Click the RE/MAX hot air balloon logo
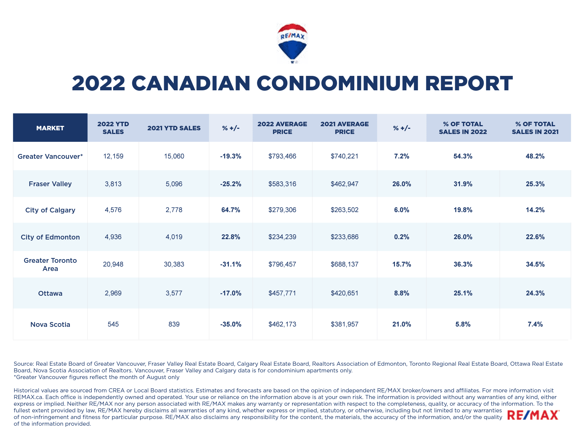pyautogui.click(x=292, y=43)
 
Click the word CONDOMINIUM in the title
pyautogui.click(x=338, y=83)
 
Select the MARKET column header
pyautogui.click(x=50, y=128)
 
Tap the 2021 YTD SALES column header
pyautogui.click(x=174, y=128)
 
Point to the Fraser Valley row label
pyautogui.click(x=50, y=184)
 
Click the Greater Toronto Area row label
pyautogui.click(x=50, y=264)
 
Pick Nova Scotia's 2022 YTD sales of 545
pyautogui.click(x=113, y=324)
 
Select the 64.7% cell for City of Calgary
pyautogui.click(x=231, y=210)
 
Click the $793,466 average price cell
pyautogui.click(x=282, y=156)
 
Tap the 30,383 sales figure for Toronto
pyautogui.click(x=174, y=264)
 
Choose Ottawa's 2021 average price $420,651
pyautogui.click(x=344, y=293)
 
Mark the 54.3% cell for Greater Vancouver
pyautogui.click(x=463, y=156)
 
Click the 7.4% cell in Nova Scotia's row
pyautogui.click(x=535, y=324)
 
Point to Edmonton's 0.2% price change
pyautogui.click(x=402, y=237)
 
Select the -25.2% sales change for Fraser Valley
pyautogui.click(x=231, y=184)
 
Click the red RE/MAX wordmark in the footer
pyautogui.click(x=533, y=415)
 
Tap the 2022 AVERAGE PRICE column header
pyautogui.click(x=282, y=128)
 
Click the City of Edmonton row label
pyautogui.click(x=50, y=237)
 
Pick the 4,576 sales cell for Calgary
pyautogui.click(x=113, y=210)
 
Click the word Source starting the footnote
pyautogui.click(x=23, y=364)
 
